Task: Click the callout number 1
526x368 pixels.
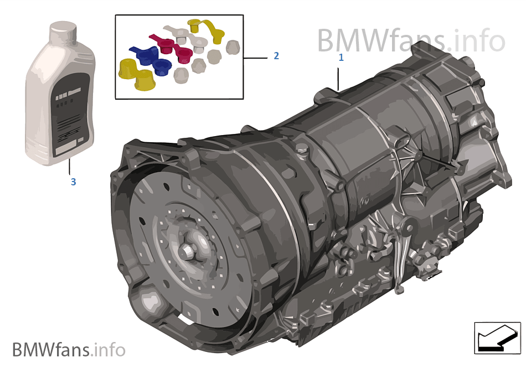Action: tap(341, 57)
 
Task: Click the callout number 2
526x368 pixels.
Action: tap(276, 56)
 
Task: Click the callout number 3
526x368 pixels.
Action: tap(73, 182)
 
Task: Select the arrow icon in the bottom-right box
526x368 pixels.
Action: tap(494, 336)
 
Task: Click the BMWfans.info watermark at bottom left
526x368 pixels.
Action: tap(69, 350)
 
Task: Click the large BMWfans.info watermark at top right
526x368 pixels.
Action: tap(411, 40)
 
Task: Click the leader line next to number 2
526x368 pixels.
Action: tap(255, 57)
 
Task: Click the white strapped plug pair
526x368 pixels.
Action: tap(183, 34)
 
